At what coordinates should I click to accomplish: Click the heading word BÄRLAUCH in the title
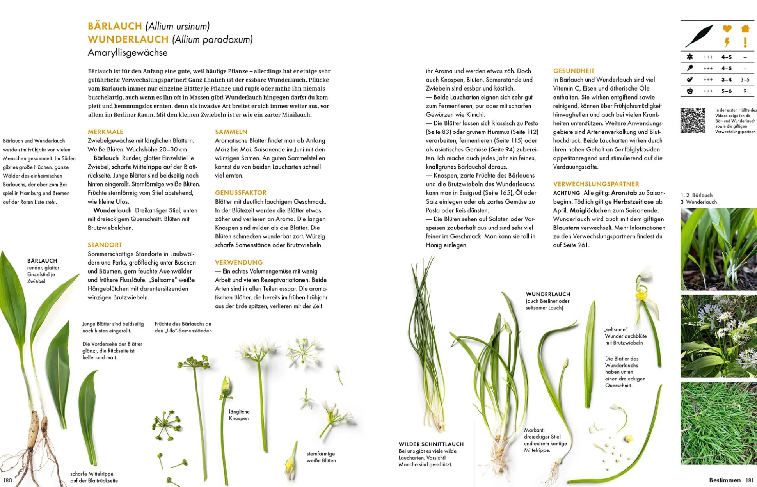tap(115, 26)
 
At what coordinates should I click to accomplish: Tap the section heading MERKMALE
tap(105, 132)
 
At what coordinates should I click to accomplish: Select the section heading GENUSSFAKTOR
tap(240, 193)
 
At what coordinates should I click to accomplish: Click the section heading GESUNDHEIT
tap(574, 71)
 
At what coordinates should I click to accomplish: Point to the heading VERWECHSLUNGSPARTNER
tap(596, 184)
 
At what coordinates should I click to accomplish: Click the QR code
tap(693, 121)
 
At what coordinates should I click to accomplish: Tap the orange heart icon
tap(727, 28)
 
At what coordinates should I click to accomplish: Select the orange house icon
tap(745, 28)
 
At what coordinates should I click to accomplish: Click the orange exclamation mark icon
tap(745, 42)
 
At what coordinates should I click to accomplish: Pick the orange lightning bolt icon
tap(727, 42)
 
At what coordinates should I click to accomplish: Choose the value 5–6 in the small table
tap(726, 91)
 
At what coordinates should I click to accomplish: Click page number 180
tap(8, 480)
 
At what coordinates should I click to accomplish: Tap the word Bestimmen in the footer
tap(725, 480)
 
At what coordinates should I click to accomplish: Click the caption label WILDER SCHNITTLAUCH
tap(431, 444)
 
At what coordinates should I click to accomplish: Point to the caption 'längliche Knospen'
tap(239, 415)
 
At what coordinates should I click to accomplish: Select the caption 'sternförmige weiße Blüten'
tap(321, 457)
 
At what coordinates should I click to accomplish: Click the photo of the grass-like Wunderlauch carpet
tap(718, 423)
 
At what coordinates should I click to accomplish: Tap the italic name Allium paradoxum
tap(213, 39)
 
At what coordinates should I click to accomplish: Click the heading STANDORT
tap(105, 245)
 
